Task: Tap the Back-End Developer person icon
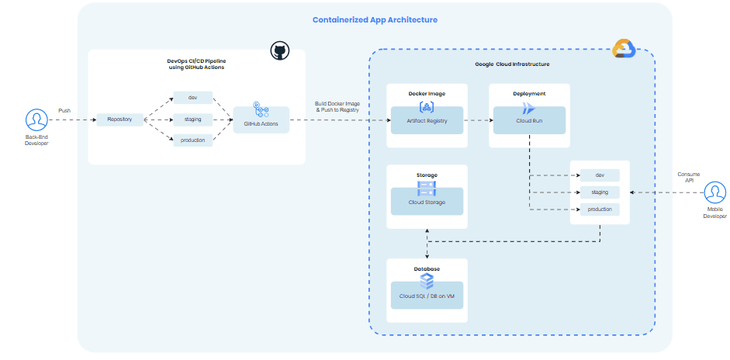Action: [36, 119]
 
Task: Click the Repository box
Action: [119, 119]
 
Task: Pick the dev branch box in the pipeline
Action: [192, 98]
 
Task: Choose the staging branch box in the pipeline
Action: [192, 119]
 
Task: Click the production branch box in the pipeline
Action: [192, 140]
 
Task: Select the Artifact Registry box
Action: [427, 120]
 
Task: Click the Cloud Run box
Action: [530, 120]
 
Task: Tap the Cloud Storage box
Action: [427, 202]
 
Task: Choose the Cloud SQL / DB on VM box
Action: [427, 296]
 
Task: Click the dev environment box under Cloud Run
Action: [599, 175]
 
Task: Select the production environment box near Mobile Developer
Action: [599, 209]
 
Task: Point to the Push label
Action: [64, 110]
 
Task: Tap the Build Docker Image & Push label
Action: [338, 107]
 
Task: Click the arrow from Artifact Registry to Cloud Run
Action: [477, 120]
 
